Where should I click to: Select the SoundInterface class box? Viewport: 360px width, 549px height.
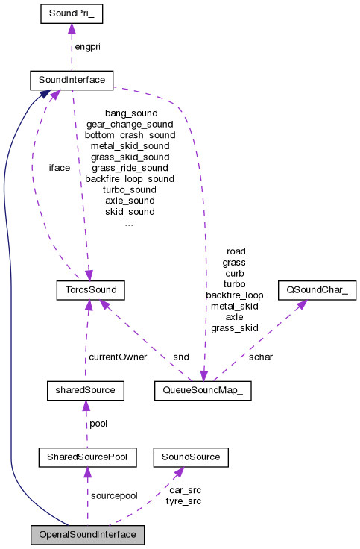point(71,79)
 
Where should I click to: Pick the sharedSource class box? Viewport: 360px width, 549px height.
point(84,389)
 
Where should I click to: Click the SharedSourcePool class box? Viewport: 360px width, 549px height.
point(87,456)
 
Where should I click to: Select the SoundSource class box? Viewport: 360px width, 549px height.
point(190,456)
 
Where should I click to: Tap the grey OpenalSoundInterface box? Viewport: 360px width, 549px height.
point(87,535)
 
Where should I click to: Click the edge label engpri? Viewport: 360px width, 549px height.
point(86,47)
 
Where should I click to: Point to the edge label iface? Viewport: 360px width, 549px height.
point(59,168)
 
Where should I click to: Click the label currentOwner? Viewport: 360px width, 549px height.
point(118,357)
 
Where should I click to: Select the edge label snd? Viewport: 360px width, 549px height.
point(180,357)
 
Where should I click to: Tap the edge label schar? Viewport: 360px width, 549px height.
point(261,357)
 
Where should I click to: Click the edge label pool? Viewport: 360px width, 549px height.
point(99,423)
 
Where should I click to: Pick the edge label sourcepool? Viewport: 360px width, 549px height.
point(114,495)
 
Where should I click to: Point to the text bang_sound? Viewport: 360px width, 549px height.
point(131,113)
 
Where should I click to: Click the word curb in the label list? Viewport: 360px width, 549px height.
point(234,273)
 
